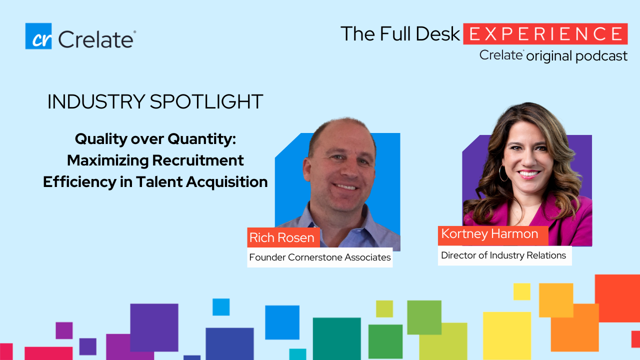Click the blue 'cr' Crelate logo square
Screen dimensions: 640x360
(38, 36)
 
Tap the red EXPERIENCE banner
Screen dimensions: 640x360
(545, 34)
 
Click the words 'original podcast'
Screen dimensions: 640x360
(576, 56)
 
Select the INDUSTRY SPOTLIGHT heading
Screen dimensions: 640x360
(155, 101)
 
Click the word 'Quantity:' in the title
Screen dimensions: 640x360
(201, 139)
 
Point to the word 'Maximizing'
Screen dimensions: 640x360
(107, 160)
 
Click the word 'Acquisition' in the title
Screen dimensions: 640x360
(227, 182)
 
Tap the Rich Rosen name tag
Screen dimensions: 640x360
(283, 237)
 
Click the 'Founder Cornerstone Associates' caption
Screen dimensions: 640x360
(319, 257)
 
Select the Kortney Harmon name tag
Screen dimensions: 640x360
(493, 235)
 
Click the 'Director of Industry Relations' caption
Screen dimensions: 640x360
(504, 255)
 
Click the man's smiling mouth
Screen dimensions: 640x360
(345, 187)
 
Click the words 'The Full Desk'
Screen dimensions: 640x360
(400, 34)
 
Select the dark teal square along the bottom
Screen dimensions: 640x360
(337, 339)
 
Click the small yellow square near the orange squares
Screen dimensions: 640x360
(521, 291)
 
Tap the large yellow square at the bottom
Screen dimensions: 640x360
(507, 336)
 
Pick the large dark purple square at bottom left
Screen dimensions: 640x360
(154, 327)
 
